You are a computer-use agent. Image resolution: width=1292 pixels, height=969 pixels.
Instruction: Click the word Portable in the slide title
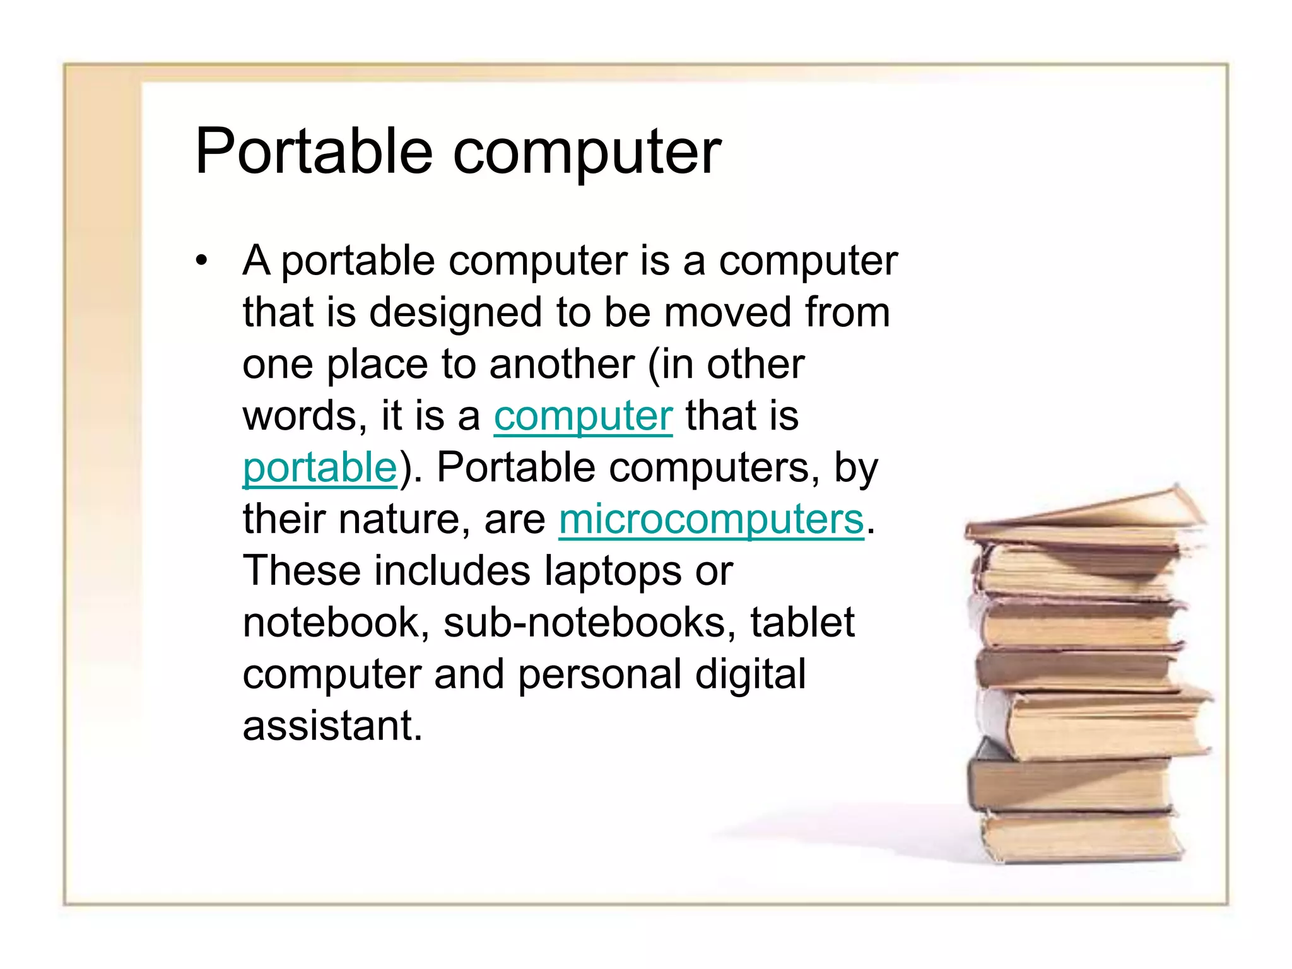click(x=314, y=151)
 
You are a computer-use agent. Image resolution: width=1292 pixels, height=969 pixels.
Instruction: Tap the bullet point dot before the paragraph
click(x=201, y=260)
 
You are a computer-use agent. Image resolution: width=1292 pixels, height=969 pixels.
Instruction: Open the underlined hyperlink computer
click(x=583, y=417)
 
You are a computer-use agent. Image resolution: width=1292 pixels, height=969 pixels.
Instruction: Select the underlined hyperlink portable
click(x=320, y=469)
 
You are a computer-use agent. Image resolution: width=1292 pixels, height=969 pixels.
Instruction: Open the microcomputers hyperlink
click(x=711, y=520)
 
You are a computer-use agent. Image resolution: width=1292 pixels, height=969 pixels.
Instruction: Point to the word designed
click(x=455, y=313)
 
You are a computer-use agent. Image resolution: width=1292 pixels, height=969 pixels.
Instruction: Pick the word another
click(x=561, y=365)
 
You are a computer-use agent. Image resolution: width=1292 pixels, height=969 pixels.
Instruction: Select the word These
click(x=302, y=571)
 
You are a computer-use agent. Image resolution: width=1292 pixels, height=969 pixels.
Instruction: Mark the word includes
click(x=452, y=571)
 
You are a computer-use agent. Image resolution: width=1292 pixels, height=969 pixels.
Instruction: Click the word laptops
click(x=613, y=572)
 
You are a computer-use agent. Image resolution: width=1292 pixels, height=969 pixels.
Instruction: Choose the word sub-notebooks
click(x=589, y=623)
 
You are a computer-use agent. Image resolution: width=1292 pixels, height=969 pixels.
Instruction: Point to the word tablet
click(x=802, y=623)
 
